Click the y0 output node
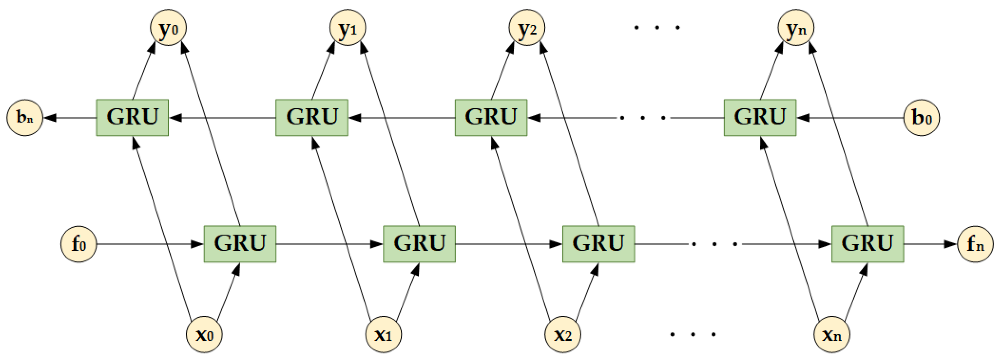[x=168, y=28]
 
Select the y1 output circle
[x=348, y=28]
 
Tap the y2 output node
[x=527, y=28]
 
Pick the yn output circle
[x=796, y=28]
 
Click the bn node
[x=25, y=117]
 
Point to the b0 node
[x=921, y=117]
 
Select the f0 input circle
[x=79, y=244]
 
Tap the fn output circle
[x=976, y=244]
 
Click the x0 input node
[x=205, y=334]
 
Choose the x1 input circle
[x=384, y=334]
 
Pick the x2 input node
[x=563, y=334]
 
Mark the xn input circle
[x=832, y=334]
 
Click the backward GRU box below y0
[x=132, y=117]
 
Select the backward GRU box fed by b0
[x=760, y=117]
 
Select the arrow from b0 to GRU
[x=851, y=117]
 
